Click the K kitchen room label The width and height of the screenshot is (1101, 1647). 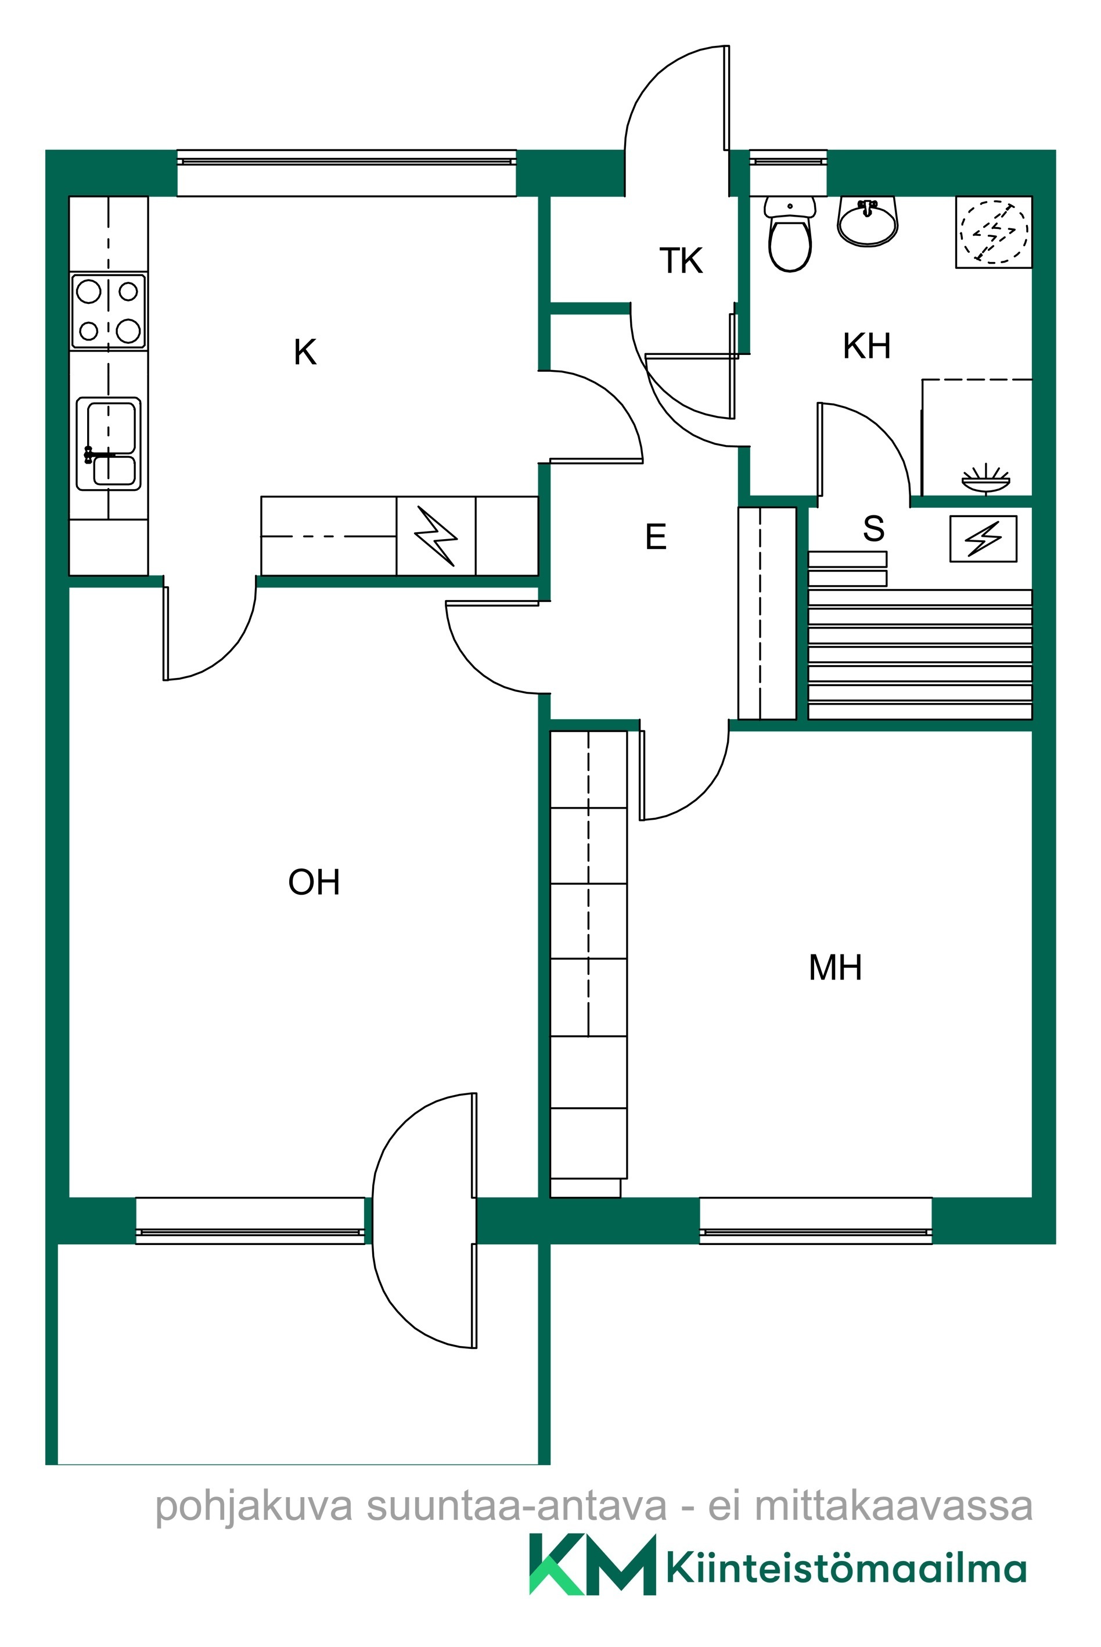tap(305, 353)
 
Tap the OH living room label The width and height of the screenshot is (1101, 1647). tap(314, 882)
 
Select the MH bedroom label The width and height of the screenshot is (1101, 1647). tap(835, 967)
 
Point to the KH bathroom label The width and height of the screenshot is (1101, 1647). tap(866, 346)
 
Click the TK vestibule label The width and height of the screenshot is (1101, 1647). tap(681, 261)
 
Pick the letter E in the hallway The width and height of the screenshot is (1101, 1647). tap(656, 537)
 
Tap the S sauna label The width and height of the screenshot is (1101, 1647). tap(873, 528)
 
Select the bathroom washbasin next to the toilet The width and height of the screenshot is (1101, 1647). tap(868, 221)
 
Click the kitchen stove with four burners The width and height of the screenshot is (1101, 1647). tap(108, 311)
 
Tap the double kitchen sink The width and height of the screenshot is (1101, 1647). tap(108, 444)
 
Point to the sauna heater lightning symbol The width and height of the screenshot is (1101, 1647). tap(983, 539)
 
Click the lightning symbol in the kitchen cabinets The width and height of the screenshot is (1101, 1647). tap(436, 536)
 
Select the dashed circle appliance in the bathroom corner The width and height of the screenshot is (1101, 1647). tap(994, 232)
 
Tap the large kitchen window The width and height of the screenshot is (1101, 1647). tap(347, 173)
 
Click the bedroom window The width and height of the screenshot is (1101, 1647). tap(816, 1221)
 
